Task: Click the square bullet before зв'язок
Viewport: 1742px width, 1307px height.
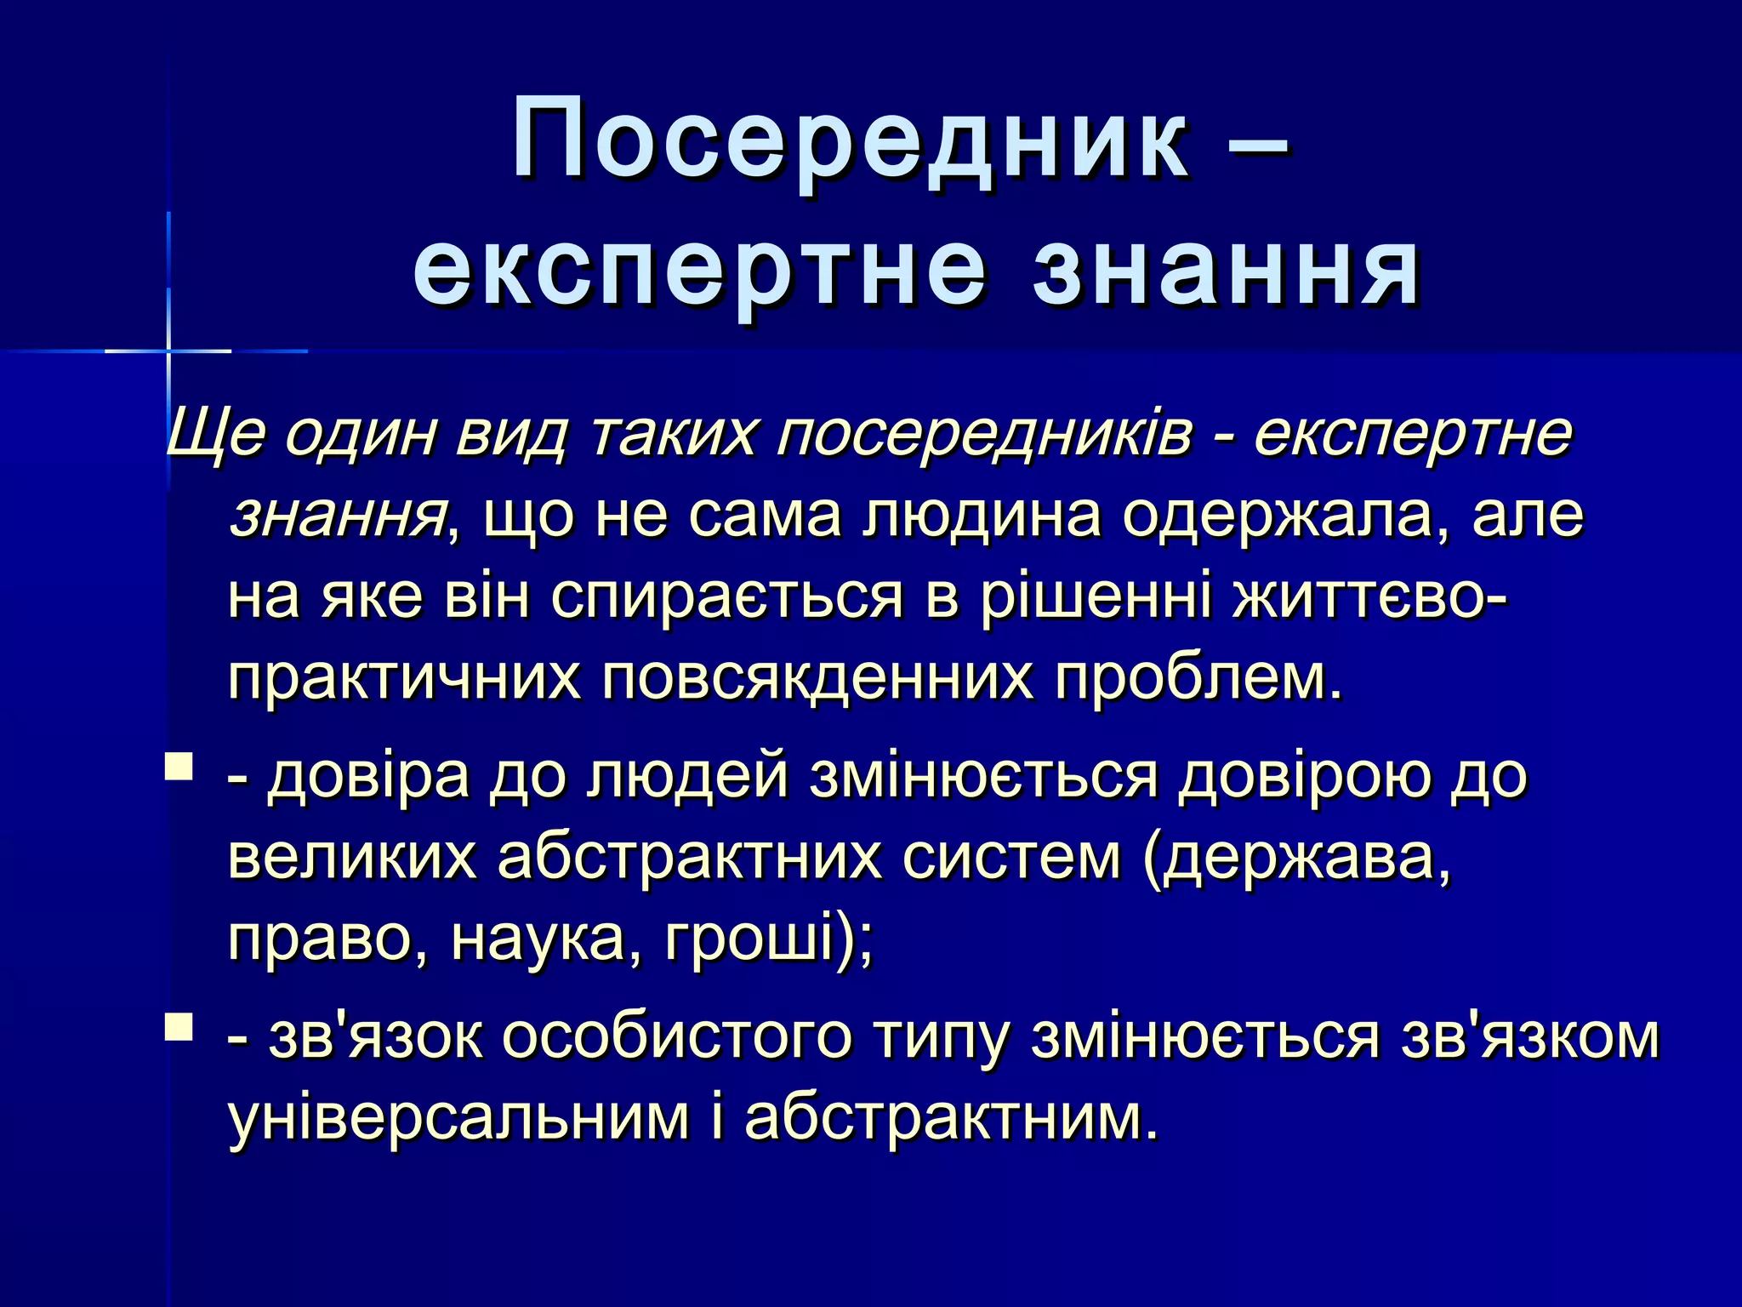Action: pyautogui.click(x=179, y=1025)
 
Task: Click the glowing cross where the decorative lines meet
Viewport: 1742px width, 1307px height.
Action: pyautogui.click(x=168, y=351)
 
